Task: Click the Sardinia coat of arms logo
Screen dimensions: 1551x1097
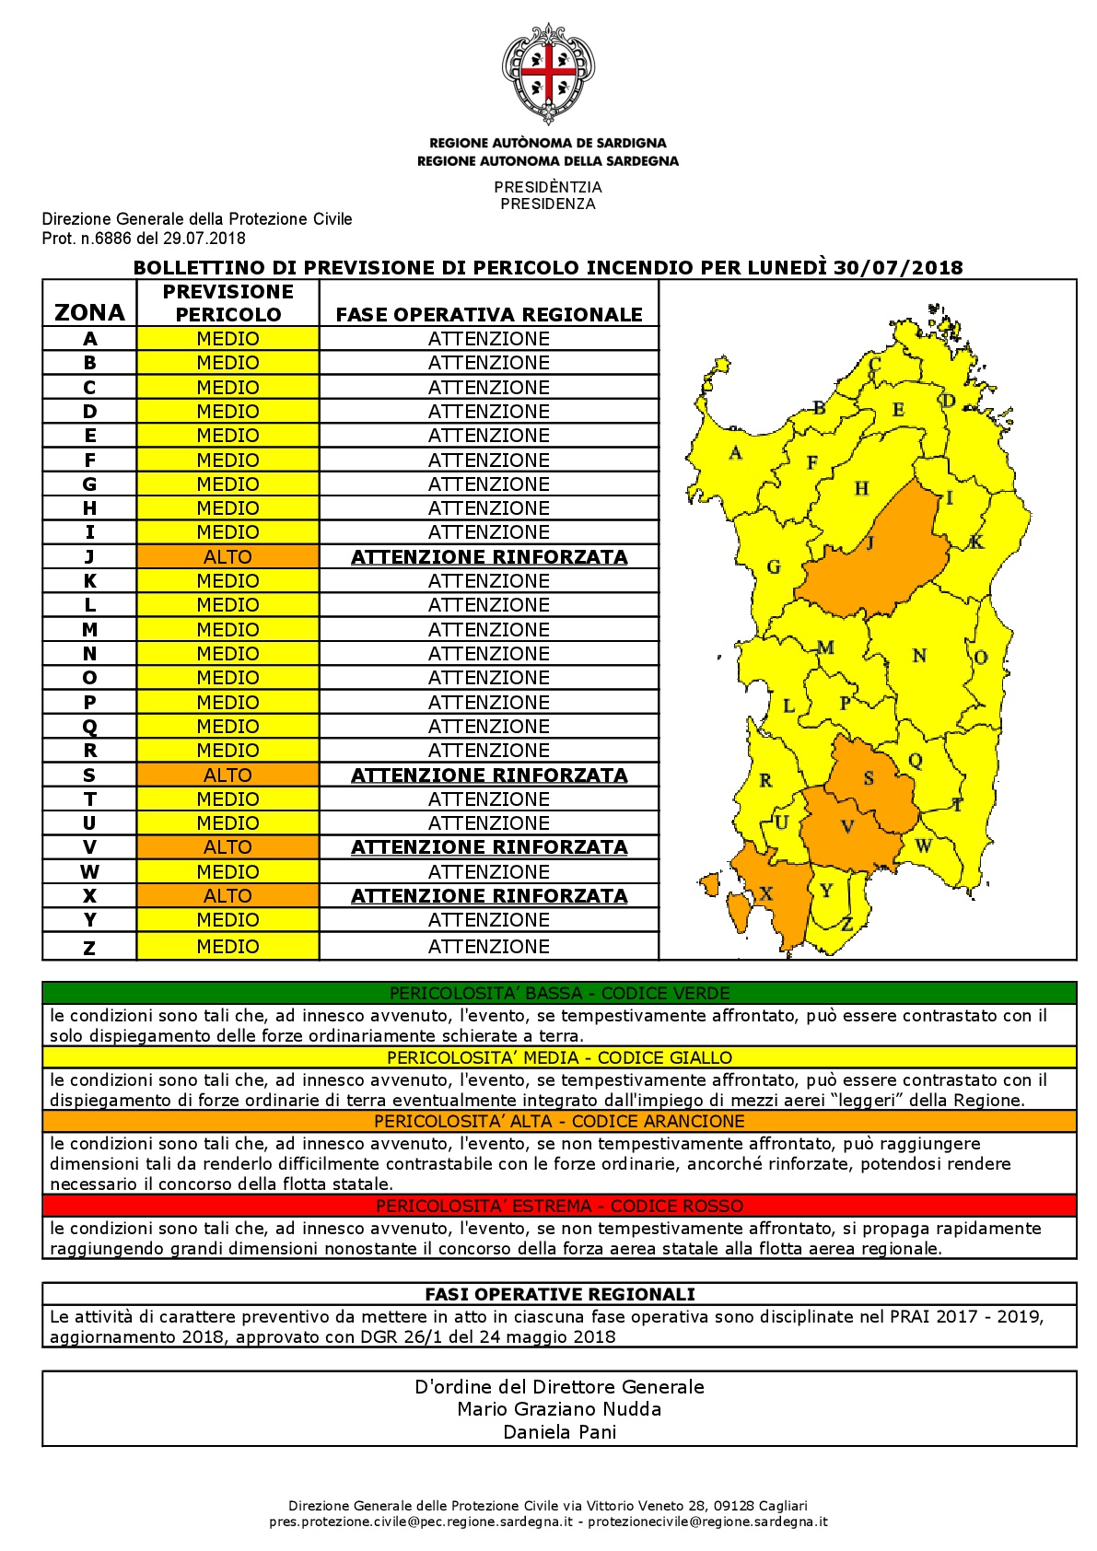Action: (548, 74)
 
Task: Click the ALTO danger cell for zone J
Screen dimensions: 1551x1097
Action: (228, 557)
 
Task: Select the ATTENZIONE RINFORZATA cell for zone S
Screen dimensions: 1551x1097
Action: (489, 775)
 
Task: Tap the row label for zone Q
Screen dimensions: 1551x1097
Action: (89, 727)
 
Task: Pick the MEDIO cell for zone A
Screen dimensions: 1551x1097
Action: (228, 339)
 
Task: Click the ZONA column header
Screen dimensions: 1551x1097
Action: (89, 312)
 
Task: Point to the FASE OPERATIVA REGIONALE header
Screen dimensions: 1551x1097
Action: (489, 314)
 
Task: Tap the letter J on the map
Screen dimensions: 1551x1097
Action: (869, 542)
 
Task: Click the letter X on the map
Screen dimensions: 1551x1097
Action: (765, 892)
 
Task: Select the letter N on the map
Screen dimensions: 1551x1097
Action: (919, 656)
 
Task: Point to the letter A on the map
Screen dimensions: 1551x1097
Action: (735, 452)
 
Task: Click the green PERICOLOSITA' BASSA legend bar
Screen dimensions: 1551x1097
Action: (559, 993)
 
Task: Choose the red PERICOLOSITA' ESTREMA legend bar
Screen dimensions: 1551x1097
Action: (559, 1206)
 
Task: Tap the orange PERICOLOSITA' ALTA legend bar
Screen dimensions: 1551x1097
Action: (559, 1121)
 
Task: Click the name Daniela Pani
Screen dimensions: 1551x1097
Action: (559, 1432)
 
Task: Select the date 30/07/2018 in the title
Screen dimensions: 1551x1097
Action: (897, 268)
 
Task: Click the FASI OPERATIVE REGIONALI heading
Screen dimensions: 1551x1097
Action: (559, 1294)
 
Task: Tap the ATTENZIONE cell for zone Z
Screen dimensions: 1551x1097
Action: (489, 947)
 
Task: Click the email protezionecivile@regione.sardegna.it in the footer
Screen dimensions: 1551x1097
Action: (707, 1522)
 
